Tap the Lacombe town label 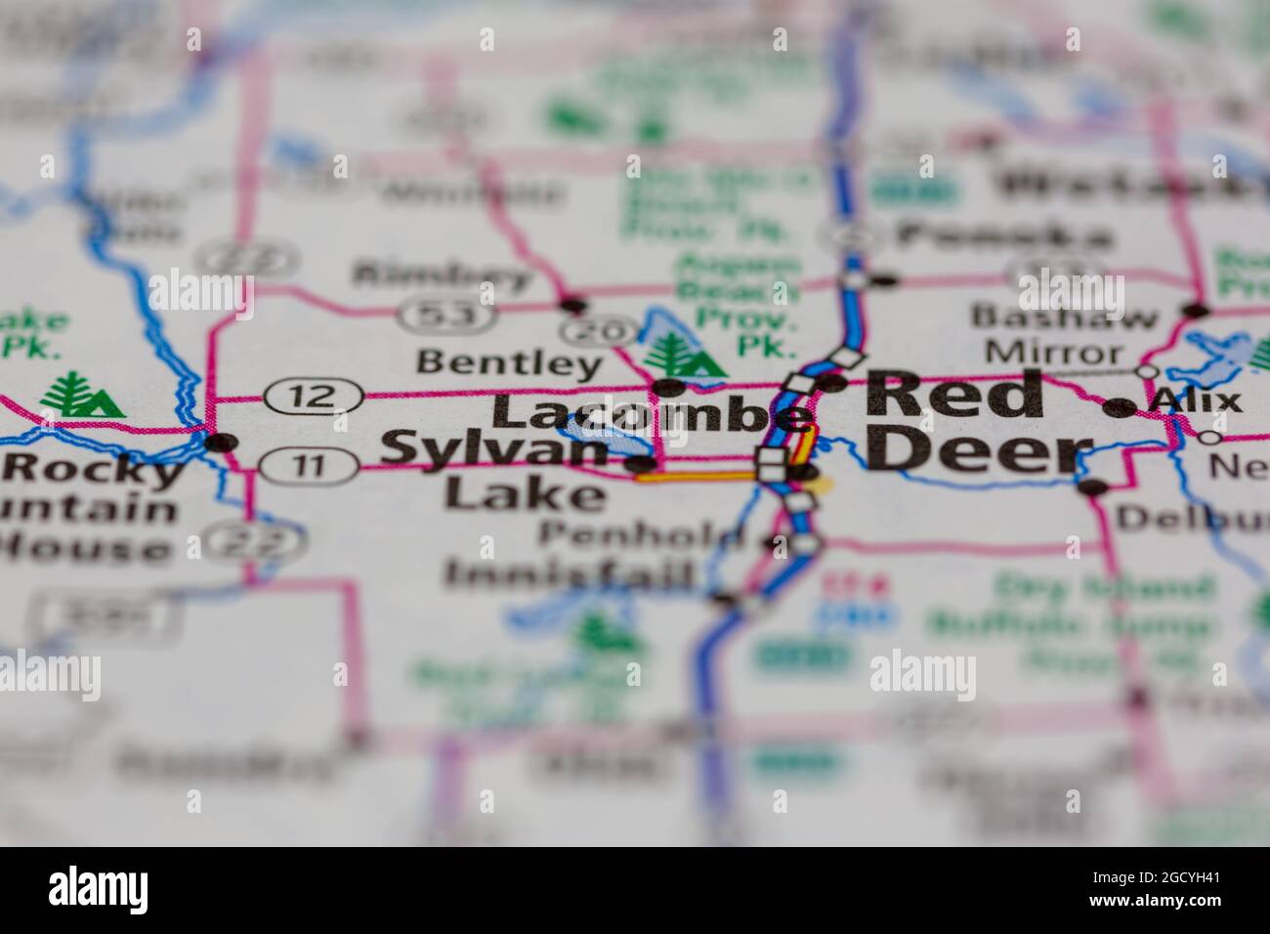[x=653, y=414]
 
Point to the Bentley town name [x=508, y=363]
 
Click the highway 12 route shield [x=313, y=397]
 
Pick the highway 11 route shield [x=309, y=466]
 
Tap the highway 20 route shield [x=599, y=332]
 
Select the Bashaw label [x=1063, y=317]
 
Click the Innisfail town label [x=571, y=574]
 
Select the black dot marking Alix [x=1115, y=407]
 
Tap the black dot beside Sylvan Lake [x=641, y=463]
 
